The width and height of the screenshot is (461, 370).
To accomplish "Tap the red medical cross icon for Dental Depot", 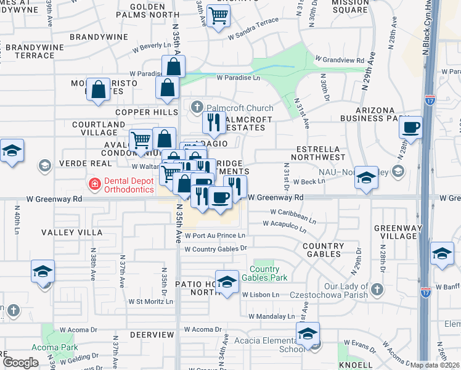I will (x=94, y=183).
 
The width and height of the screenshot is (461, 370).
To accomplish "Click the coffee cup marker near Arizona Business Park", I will (x=410, y=128).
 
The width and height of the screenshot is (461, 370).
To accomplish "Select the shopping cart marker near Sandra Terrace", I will (x=219, y=17).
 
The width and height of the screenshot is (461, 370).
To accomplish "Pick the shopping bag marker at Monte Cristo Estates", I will (x=98, y=89).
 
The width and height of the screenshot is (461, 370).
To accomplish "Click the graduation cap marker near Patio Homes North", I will (x=227, y=282).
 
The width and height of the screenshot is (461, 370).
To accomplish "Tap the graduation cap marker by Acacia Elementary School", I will (x=307, y=334).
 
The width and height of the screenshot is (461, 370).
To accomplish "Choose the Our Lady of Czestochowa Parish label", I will (x=357, y=291).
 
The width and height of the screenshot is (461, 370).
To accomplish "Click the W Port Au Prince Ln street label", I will (x=215, y=235).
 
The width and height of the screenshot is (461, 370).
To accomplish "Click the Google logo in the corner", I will (x=20, y=362).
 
